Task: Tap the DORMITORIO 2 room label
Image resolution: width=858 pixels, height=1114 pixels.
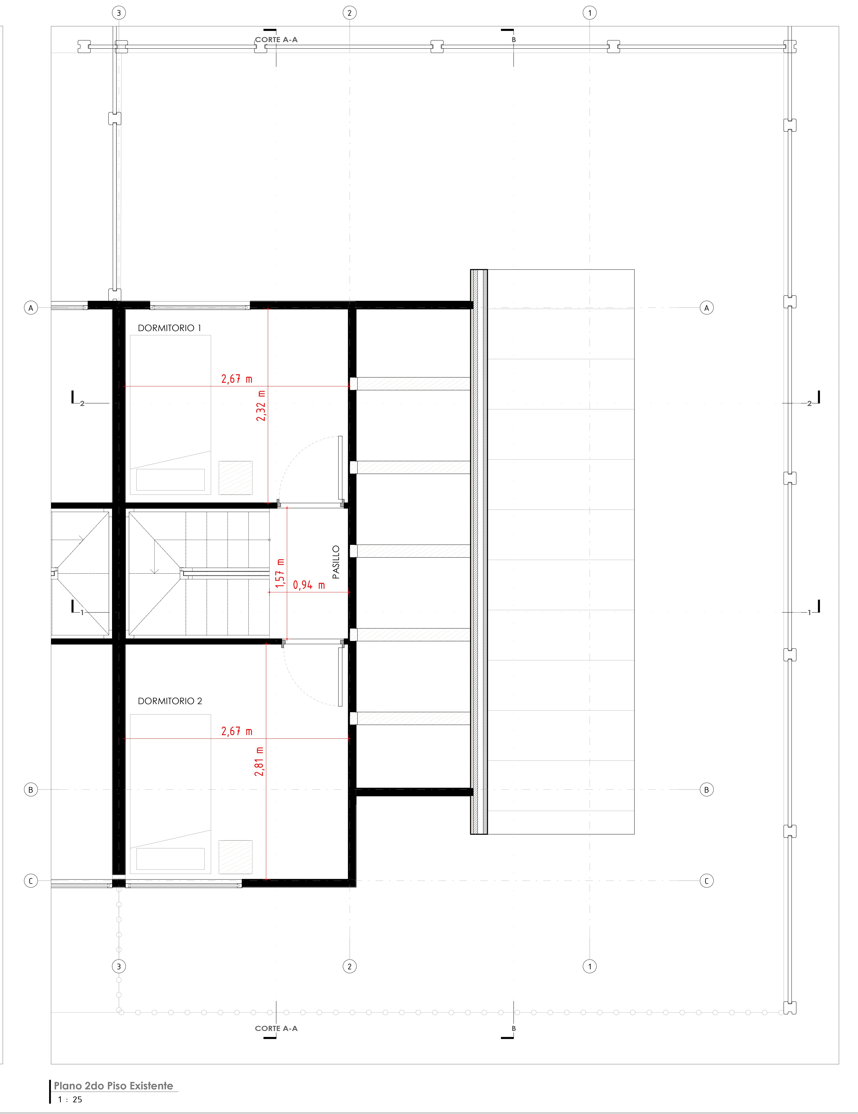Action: pos(170,701)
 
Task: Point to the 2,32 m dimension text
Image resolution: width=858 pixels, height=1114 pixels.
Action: pos(261,405)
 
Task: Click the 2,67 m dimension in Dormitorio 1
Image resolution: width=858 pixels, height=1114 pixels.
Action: pos(237,379)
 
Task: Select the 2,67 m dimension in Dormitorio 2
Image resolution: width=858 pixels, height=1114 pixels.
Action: pos(237,731)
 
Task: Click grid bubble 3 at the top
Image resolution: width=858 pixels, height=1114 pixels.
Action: pos(119,13)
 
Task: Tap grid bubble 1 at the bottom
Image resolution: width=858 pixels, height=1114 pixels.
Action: pos(590,966)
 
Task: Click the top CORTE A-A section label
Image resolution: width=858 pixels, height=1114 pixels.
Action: pos(276,39)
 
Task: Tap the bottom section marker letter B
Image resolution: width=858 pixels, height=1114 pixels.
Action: pos(514,1028)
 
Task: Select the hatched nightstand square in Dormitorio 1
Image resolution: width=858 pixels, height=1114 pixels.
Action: pos(236,478)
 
